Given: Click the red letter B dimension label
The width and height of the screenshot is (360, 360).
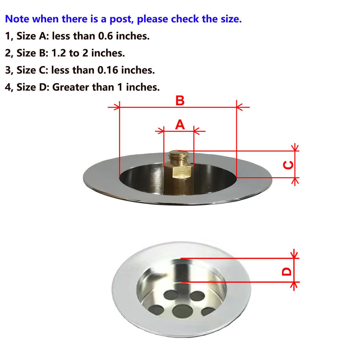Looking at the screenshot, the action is pos(180,101).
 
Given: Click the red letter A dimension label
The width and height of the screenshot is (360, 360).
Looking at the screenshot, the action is pos(180,125).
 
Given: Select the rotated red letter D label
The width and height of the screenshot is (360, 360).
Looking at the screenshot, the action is pos(287,272).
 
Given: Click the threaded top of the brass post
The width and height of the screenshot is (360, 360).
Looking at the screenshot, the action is pos(178,156).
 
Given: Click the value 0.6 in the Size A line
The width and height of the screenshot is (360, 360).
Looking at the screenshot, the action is pos(105,36).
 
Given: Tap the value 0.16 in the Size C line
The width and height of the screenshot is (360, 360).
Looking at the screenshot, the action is pos(108,70).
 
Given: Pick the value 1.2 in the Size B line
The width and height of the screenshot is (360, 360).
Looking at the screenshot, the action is pos(58,53).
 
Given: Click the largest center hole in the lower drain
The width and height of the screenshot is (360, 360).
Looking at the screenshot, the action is pos(182,311).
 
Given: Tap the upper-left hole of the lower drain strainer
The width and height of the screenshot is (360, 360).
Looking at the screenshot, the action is pos(172,295).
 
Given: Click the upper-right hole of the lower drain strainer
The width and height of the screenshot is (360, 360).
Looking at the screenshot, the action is pos(197,296).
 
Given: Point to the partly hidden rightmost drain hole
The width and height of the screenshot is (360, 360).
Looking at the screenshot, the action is pos(208,311).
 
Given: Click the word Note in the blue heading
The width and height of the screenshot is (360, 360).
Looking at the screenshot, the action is pos(17,19).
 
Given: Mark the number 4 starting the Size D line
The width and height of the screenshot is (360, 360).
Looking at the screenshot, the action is pos(7,87).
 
